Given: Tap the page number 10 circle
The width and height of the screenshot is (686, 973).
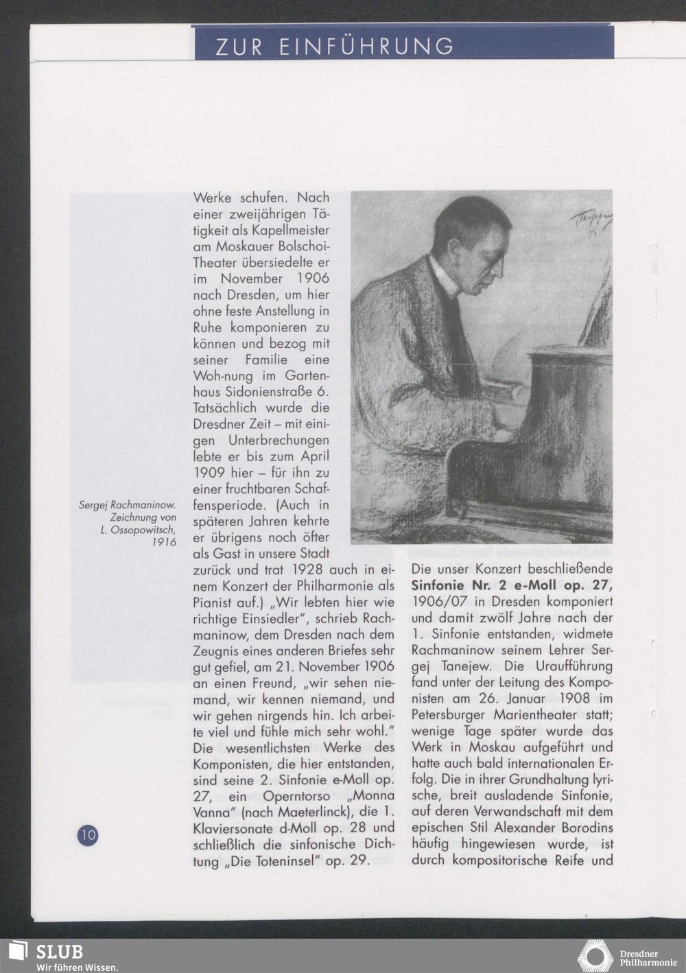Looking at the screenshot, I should pos(88,835).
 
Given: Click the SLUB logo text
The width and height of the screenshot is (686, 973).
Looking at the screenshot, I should pos(60,952).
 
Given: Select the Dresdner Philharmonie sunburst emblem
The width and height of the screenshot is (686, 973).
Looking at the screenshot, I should pos(595,956).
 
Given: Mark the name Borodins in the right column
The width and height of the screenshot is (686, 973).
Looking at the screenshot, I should pos(582,828).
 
